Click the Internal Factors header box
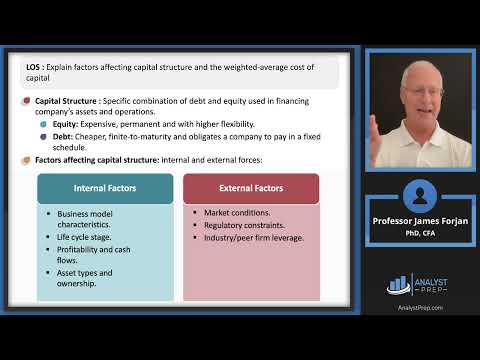105,188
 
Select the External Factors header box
251,188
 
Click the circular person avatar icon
418,195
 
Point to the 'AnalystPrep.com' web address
419,308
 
